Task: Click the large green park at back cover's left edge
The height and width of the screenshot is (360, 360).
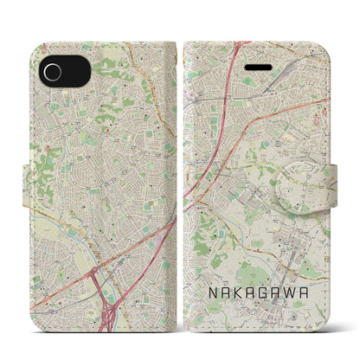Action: point(39,164)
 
